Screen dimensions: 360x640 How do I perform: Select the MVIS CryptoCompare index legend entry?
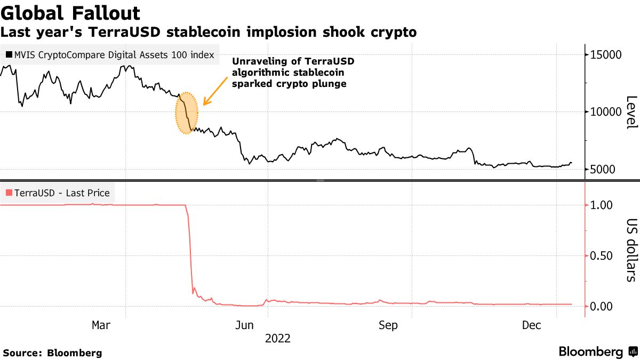tap(110, 54)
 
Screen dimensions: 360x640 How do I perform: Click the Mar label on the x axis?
tap(101, 325)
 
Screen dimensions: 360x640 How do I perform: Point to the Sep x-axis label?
tap(387, 325)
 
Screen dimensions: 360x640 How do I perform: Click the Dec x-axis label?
tap(532, 325)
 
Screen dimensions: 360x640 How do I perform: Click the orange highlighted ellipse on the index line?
tap(187, 113)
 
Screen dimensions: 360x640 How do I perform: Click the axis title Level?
tap(631, 112)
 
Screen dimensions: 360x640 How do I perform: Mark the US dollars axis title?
tap(631, 250)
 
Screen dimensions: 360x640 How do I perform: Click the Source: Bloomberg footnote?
tap(52, 353)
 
